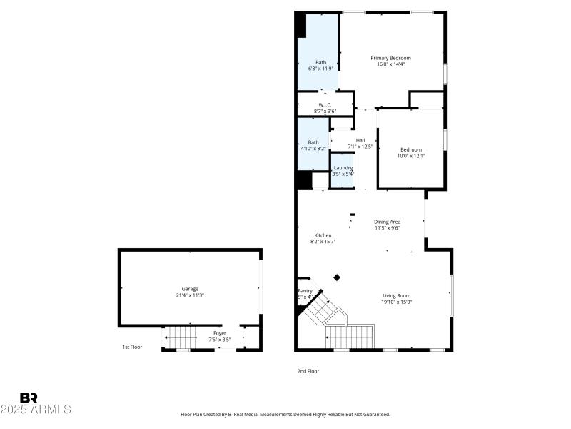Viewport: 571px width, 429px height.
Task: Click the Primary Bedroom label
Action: click(x=390, y=58)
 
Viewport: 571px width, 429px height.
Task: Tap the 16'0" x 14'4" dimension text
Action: click(x=390, y=64)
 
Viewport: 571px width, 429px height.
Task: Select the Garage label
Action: click(x=190, y=289)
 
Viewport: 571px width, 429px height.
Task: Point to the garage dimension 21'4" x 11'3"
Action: click(x=190, y=295)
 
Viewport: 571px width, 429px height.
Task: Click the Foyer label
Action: click(x=220, y=334)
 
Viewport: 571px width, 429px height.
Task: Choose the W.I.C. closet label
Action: click(x=325, y=105)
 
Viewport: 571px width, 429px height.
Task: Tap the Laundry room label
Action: click(x=343, y=168)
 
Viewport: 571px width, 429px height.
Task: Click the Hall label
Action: click(x=360, y=140)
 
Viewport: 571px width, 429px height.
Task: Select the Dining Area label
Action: click(x=387, y=222)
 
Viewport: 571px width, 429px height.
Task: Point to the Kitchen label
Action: click(x=323, y=235)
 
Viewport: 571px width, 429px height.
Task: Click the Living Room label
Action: click(x=396, y=295)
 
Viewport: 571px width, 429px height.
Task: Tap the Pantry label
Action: click(x=305, y=291)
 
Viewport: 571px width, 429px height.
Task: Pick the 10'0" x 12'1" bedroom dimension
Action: click(x=410, y=156)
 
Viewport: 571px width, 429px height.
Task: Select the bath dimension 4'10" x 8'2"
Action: click(x=313, y=149)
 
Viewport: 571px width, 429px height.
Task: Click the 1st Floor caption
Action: click(x=132, y=347)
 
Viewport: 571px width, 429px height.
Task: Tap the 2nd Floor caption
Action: click(x=308, y=371)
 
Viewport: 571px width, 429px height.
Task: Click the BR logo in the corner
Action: click(x=29, y=398)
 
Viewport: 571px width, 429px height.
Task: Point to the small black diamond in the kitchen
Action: click(x=338, y=277)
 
